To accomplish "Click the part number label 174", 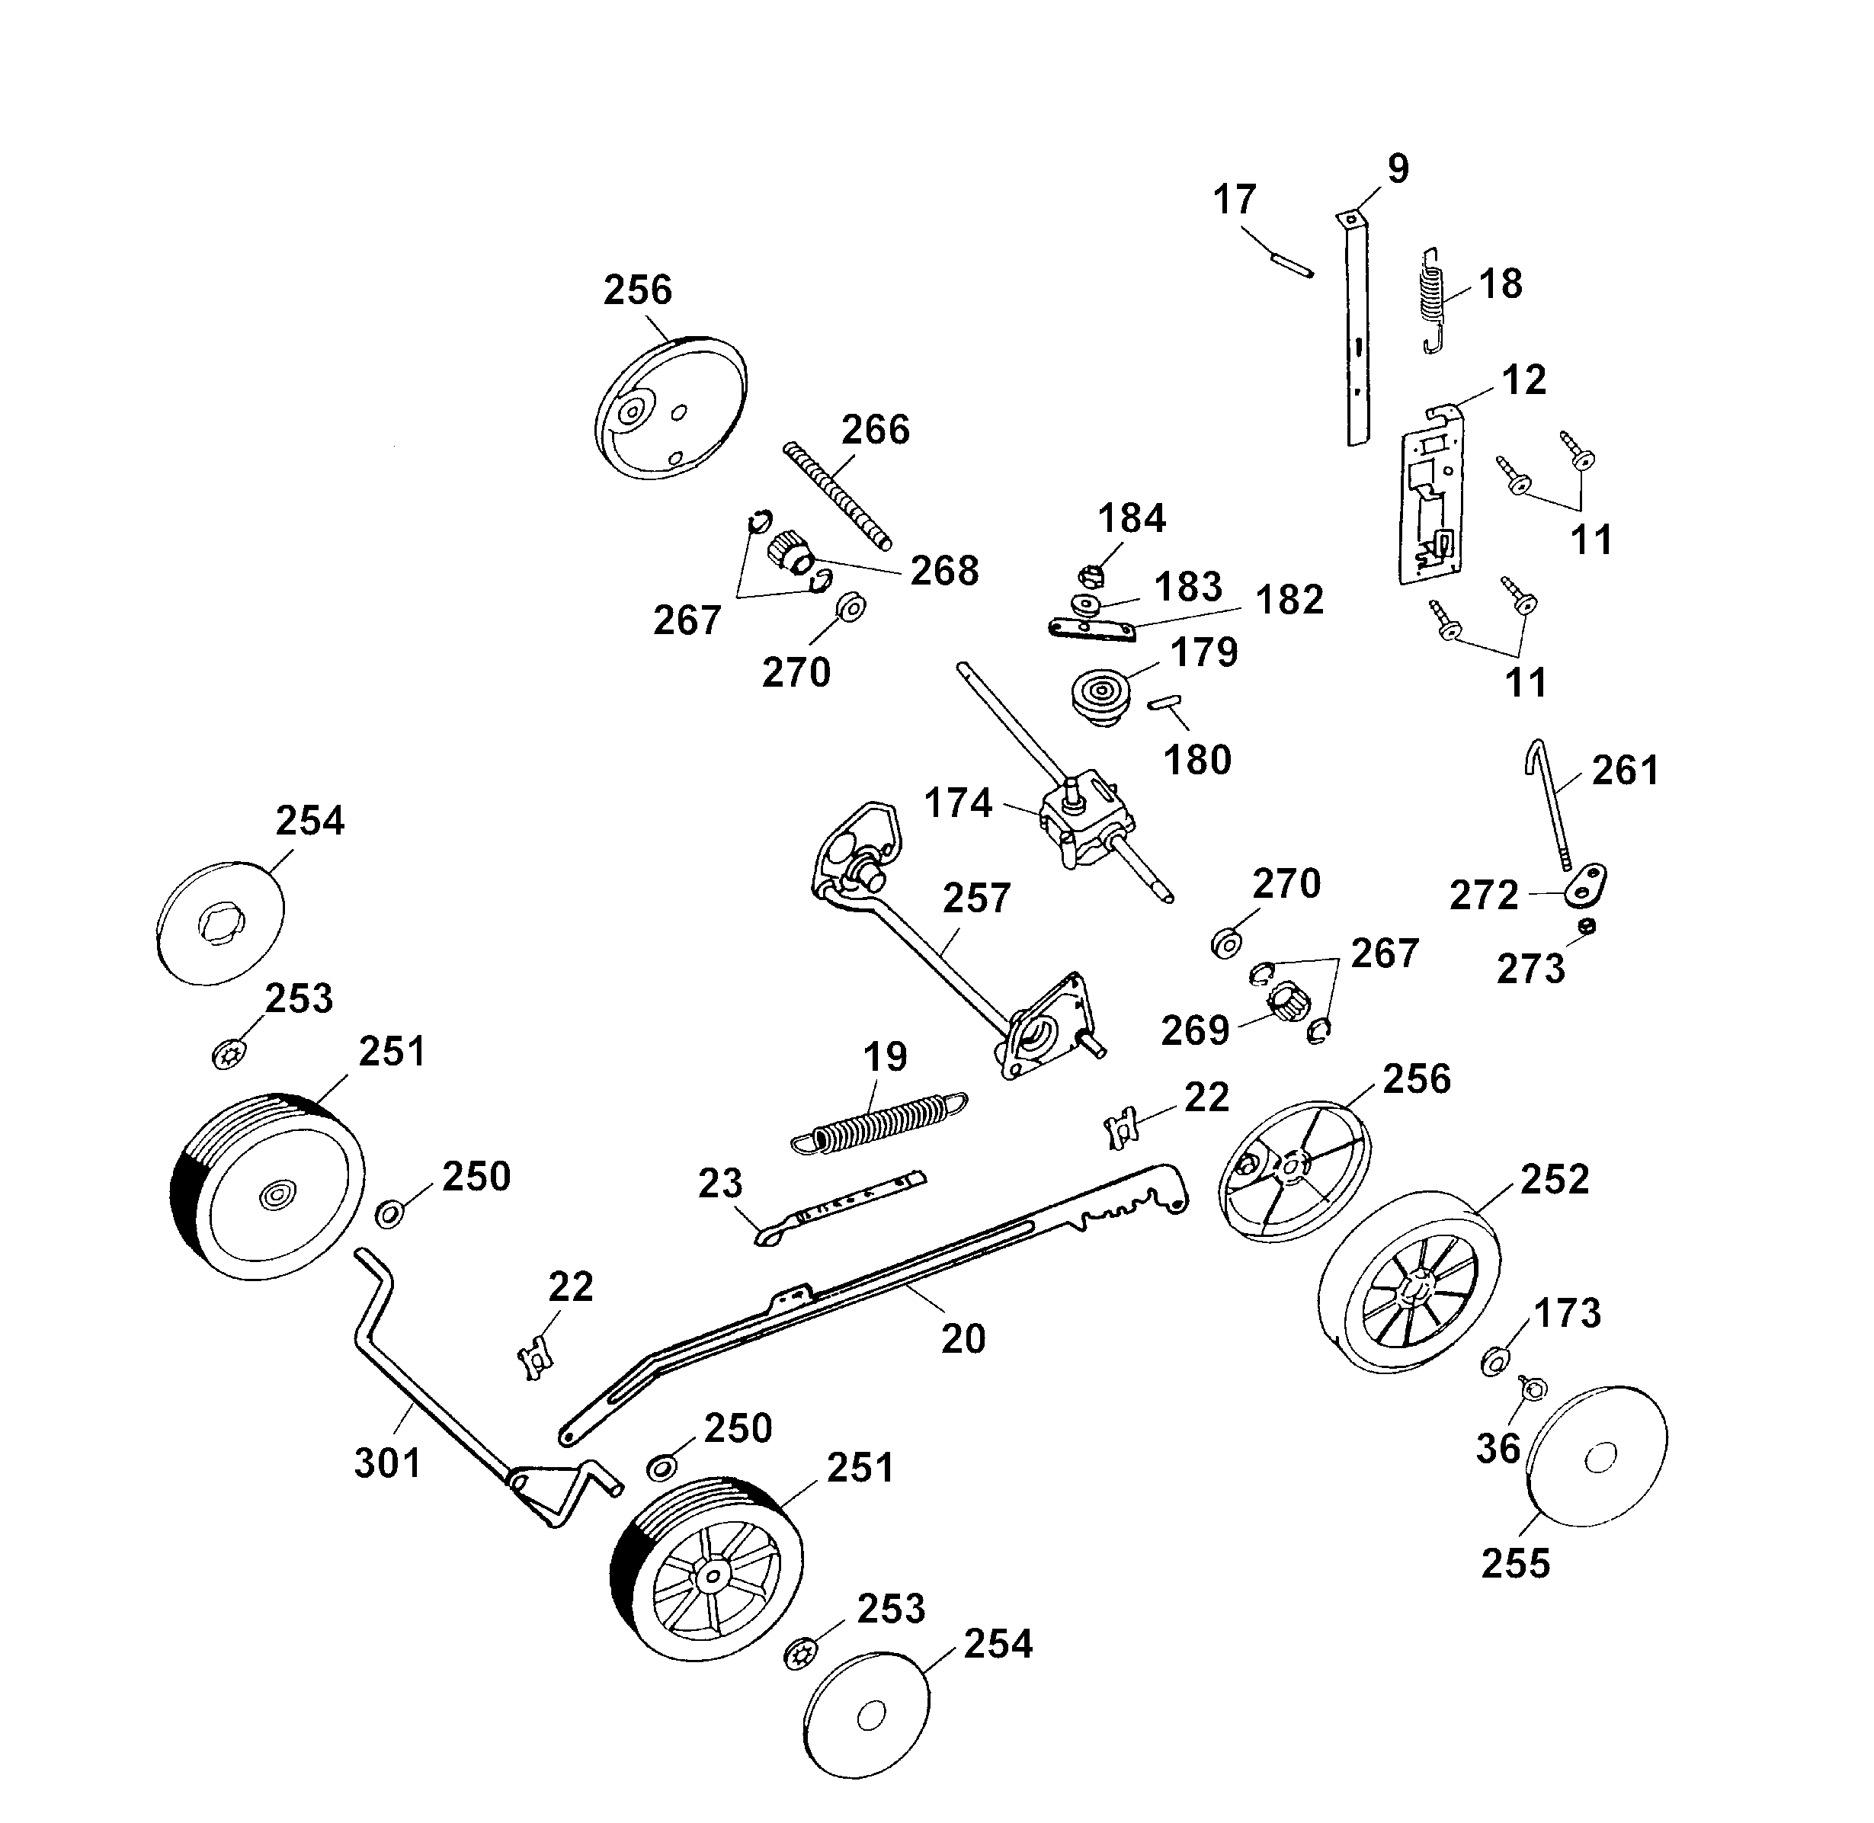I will coord(958,803).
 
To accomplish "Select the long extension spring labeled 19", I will coord(879,1120).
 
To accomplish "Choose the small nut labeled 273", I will coord(1587,926).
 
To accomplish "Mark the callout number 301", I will coord(388,1463).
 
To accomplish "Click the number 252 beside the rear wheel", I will coord(1554,1180).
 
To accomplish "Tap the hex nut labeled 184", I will coord(1091,575).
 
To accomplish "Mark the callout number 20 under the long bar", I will coord(963,1338).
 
